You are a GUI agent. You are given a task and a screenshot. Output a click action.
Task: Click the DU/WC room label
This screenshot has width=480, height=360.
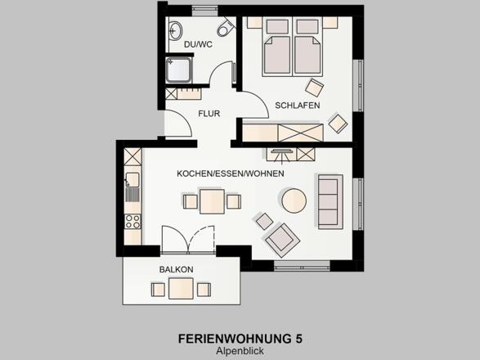pos(198,44)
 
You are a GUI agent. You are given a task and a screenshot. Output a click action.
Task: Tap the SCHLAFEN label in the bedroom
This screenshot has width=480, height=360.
pos(298,106)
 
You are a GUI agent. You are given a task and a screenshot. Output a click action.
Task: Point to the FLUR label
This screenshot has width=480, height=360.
pos(209,114)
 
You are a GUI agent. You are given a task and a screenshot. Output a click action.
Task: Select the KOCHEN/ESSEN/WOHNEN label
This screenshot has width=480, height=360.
pos(231,173)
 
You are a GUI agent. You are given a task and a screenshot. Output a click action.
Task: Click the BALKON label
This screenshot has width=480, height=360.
pos(176,270)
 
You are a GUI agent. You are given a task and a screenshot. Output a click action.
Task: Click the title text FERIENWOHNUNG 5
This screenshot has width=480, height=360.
pos(240,339)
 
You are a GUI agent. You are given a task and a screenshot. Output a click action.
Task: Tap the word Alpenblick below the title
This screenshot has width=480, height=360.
pos(240,351)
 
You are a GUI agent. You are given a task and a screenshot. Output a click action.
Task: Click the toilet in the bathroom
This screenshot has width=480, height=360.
pos(226,28)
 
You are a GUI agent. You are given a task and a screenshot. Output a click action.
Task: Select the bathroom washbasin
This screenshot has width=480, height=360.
pos(175,30)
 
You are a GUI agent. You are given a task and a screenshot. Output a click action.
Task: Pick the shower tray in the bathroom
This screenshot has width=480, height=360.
pos(178,70)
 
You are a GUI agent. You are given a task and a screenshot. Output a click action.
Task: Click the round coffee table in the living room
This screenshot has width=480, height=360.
pos(294,200)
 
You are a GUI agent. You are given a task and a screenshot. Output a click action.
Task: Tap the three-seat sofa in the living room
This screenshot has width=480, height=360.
pos(330,202)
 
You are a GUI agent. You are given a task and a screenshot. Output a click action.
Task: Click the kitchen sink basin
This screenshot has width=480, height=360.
pos(132,180)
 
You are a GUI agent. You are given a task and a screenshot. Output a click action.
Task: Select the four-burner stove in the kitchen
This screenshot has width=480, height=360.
pos(132,222)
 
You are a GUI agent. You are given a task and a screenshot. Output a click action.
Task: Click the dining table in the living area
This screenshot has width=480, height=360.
pos(212,201)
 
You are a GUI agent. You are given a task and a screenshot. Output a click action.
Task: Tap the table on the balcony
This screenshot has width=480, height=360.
pos(181,288)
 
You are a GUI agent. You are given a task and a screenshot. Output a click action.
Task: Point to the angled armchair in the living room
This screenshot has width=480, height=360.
pos(282,241)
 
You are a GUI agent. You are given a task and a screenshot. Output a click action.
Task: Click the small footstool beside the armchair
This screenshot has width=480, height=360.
pos(264,221)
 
